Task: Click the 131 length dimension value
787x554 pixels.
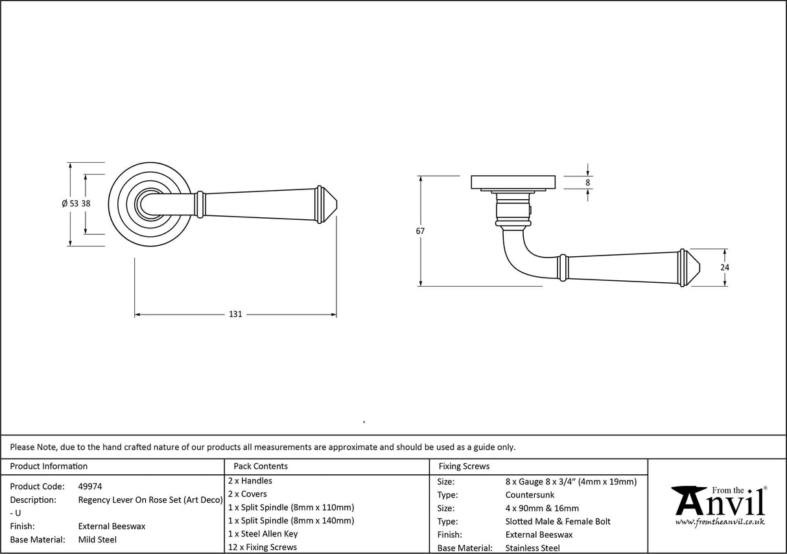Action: click(235, 315)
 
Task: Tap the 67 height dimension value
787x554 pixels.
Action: click(420, 231)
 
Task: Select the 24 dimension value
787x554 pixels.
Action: click(725, 267)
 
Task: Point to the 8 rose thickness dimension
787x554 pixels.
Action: click(587, 183)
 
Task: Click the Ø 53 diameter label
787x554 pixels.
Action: click(70, 204)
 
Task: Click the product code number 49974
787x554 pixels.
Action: click(89, 487)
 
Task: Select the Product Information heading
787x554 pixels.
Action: click(49, 466)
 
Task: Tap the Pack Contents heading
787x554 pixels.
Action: click(261, 466)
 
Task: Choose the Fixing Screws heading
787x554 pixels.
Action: click(464, 466)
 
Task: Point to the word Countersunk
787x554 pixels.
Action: click(530, 495)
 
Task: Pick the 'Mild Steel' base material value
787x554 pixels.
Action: click(97, 540)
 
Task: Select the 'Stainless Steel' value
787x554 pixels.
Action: click(532, 548)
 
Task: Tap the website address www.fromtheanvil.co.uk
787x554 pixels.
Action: click(720, 522)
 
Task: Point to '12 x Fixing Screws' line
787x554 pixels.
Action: click(263, 548)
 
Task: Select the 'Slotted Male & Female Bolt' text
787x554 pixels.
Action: click(558, 522)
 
